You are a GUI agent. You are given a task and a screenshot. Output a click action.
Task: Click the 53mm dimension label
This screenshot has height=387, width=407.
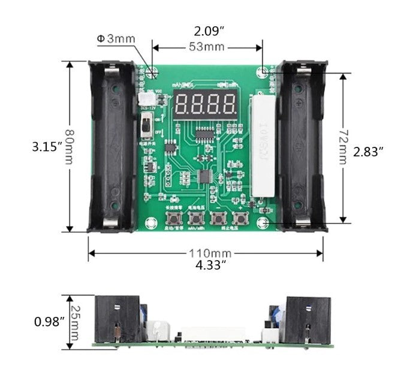pos(207,47)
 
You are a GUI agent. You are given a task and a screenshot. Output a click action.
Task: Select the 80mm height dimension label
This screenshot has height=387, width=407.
pos(70,146)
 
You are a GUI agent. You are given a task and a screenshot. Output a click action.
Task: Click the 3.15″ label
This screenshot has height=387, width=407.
pos(47,146)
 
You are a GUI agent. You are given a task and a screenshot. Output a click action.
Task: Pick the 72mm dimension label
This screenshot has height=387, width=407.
pos(343,147)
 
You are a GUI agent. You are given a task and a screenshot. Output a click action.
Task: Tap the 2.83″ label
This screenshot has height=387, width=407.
pos(368,152)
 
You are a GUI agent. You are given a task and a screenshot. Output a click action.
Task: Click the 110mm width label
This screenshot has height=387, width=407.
pos(207,253)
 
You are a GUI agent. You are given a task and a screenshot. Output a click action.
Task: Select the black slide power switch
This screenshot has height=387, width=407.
pos(144,126)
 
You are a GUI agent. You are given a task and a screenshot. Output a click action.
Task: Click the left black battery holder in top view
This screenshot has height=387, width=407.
pos(113,147)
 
